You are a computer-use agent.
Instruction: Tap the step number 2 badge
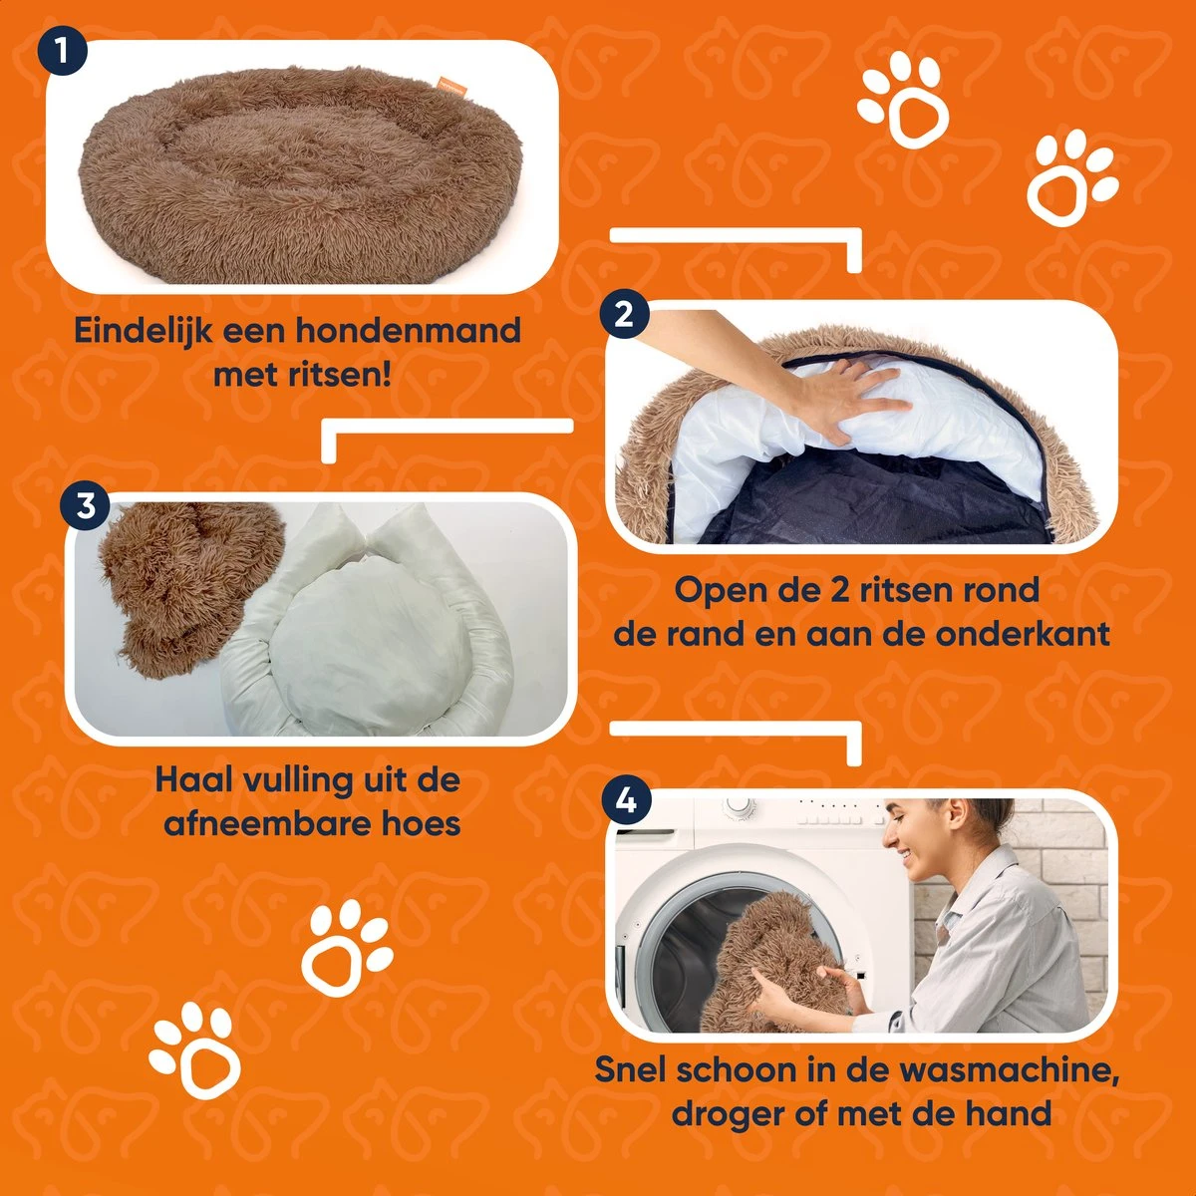click(x=625, y=315)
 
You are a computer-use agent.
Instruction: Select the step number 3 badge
click(x=87, y=505)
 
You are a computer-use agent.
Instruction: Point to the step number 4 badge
click(x=627, y=800)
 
